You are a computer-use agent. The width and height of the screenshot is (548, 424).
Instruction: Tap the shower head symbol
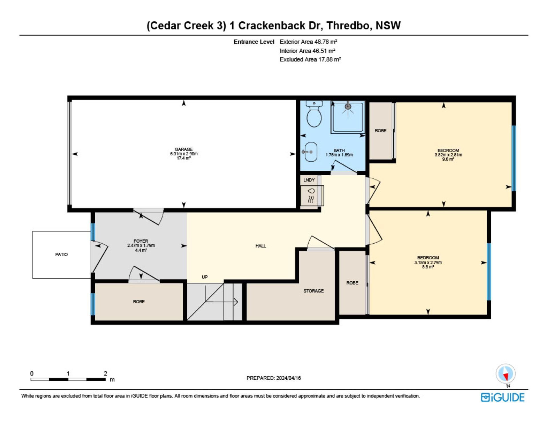[348, 106]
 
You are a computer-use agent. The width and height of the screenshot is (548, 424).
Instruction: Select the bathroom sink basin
[311, 152]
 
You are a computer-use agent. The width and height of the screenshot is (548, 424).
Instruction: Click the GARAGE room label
[184, 149]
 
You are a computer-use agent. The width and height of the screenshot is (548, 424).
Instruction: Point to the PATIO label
[62, 254]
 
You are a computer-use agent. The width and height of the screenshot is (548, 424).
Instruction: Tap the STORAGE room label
[313, 291]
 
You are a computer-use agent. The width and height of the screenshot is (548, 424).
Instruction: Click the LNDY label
[309, 180]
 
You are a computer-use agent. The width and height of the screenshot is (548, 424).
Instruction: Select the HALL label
[261, 246]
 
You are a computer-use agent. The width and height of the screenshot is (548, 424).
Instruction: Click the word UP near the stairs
[205, 277]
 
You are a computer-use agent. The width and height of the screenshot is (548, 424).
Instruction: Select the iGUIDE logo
[503, 397]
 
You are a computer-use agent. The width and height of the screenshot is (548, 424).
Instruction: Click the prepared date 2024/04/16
[289, 378]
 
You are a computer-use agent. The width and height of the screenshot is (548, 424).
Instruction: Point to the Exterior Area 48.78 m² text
[309, 42]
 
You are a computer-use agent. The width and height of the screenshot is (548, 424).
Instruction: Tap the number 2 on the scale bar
[105, 373]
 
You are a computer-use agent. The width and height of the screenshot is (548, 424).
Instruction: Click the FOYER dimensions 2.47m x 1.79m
[141, 246]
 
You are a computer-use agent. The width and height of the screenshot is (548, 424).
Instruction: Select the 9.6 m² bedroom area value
[448, 159]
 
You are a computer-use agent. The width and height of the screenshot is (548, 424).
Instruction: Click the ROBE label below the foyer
[139, 302]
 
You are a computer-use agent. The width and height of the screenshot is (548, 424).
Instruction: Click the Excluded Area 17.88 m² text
[310, 59]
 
